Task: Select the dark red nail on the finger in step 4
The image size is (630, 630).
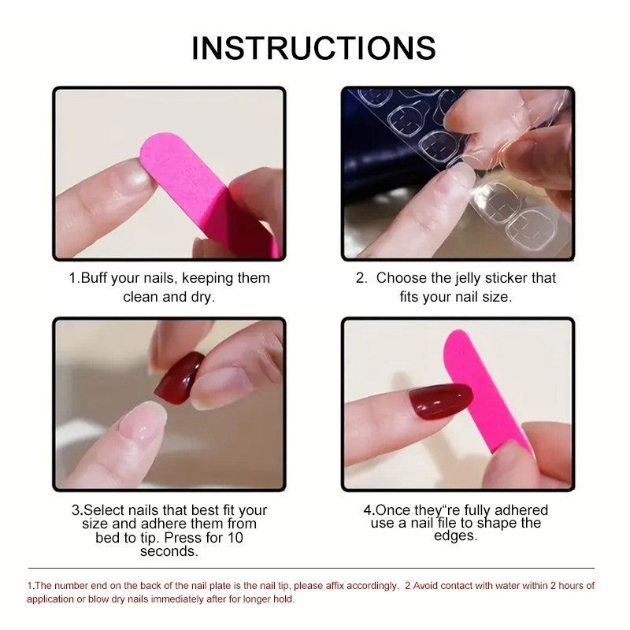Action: pyautogui.click(x=441, y=399)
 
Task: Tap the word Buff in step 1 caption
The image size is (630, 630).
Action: pyautogui.click(x=96, y=278)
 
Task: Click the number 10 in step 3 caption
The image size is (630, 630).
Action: pyautogui.click(x=235, y=538)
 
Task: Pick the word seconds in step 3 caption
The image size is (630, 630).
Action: pyautogui.click(x=169, y=551)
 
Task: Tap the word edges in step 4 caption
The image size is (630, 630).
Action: pyautogui.click(x=455, y=535)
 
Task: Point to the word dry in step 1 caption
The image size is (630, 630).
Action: pyautogui.click(x=202, y=297)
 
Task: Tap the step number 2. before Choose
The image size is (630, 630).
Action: pyautogui.click(x=361, y=278)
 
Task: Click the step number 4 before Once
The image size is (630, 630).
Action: pyautogui.click(x=367, y=510)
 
